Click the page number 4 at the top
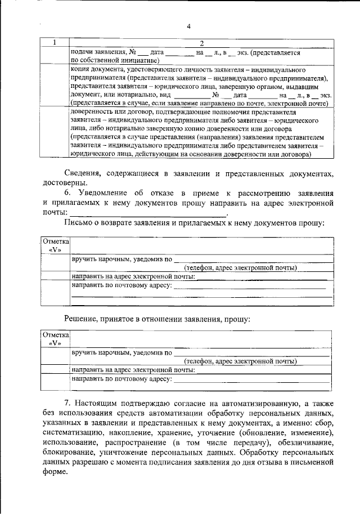[189, 26]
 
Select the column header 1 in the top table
[55, 43]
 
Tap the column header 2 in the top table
[201, 43]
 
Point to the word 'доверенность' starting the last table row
[92, 113]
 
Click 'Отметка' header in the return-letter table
[55, 242]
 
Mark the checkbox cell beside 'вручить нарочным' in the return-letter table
[55, 263]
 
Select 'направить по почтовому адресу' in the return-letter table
[121, 285]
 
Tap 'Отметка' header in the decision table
[55, 335]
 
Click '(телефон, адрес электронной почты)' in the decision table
[241, 361]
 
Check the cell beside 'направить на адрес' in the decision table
[55, 370]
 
